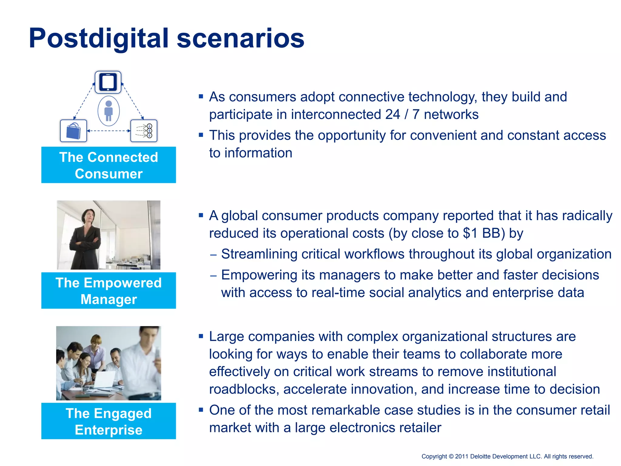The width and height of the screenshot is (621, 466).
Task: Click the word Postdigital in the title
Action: (x=99, y=39)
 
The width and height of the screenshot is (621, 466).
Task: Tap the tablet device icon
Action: (x=108, y=82)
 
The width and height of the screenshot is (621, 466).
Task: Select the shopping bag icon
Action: (x=73, y=131)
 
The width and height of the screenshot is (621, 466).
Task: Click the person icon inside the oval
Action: (x=109, y=111)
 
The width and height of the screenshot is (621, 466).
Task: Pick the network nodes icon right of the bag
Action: (x=144, y=131)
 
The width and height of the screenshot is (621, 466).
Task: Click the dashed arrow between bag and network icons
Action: (x=109, y=131)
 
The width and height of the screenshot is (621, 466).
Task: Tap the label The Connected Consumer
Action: (x=109, y=165)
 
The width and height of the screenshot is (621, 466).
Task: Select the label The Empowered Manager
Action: (x=109, y=291)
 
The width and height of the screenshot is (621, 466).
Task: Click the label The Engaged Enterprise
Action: (x=109, y=421)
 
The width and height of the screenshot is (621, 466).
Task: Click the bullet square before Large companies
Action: (x=201, y=336)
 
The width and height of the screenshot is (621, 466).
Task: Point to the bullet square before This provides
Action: (x=201, y=135)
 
